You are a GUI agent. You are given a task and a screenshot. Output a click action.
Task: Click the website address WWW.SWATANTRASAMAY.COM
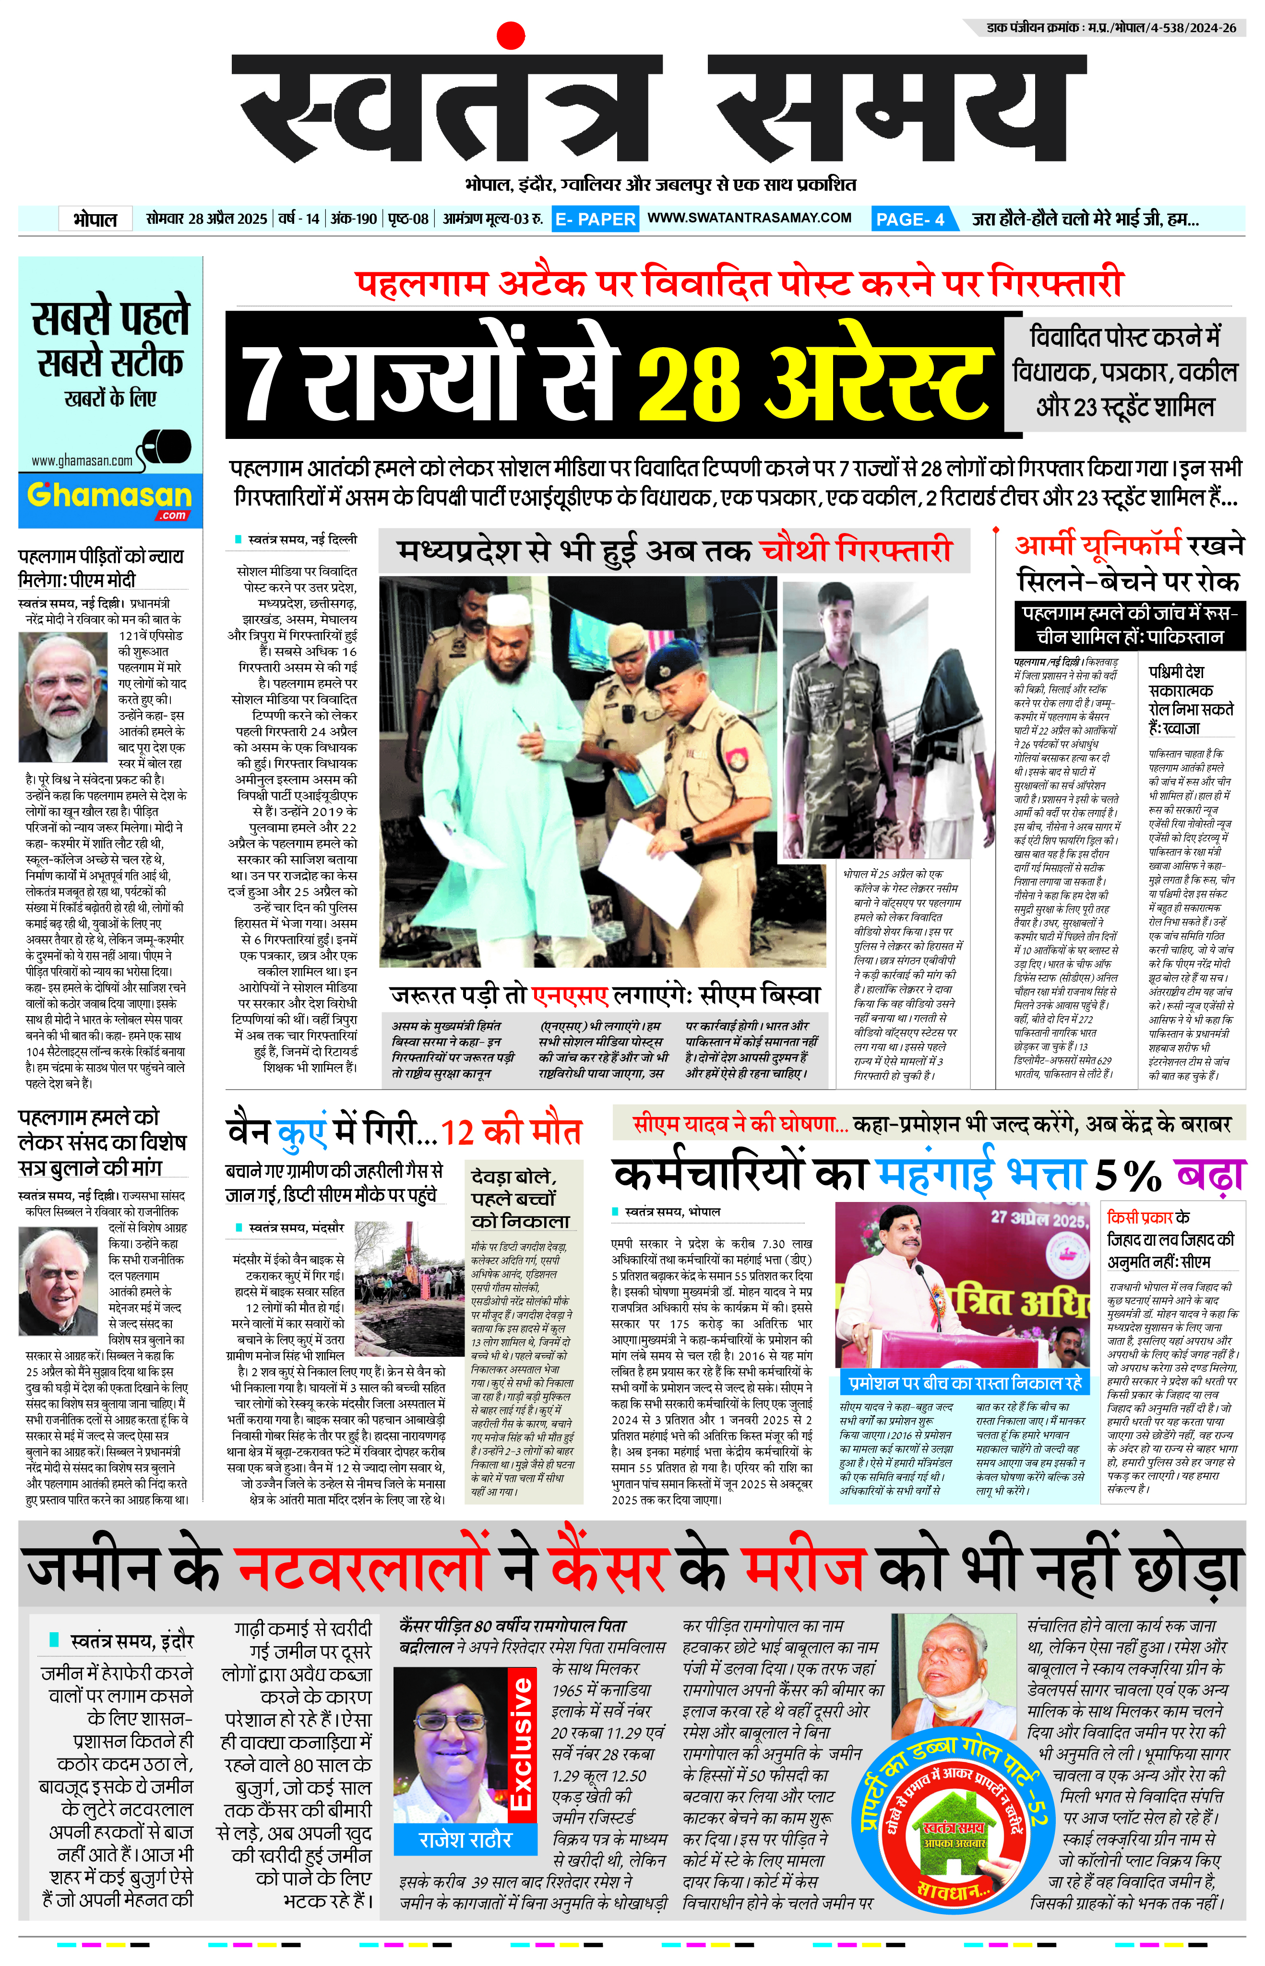pos(749,218)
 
